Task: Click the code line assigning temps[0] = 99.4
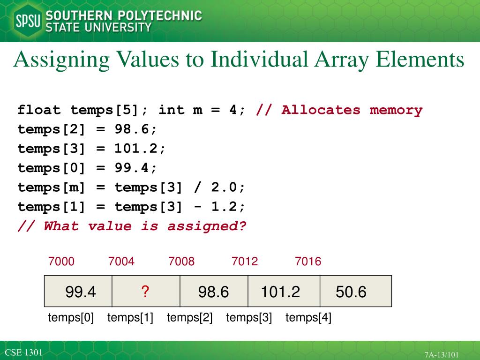point(88,168)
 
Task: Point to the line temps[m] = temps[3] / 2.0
point(131,187)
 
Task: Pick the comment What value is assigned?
point(132,226)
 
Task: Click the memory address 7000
point(61,262)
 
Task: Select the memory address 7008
point(181,262)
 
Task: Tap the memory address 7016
point(308,262)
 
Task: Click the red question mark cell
point(145,292)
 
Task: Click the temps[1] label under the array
point(130,318)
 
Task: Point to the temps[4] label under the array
point(308,318)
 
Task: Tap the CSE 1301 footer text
point(24,352)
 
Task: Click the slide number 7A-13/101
point(442,355)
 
